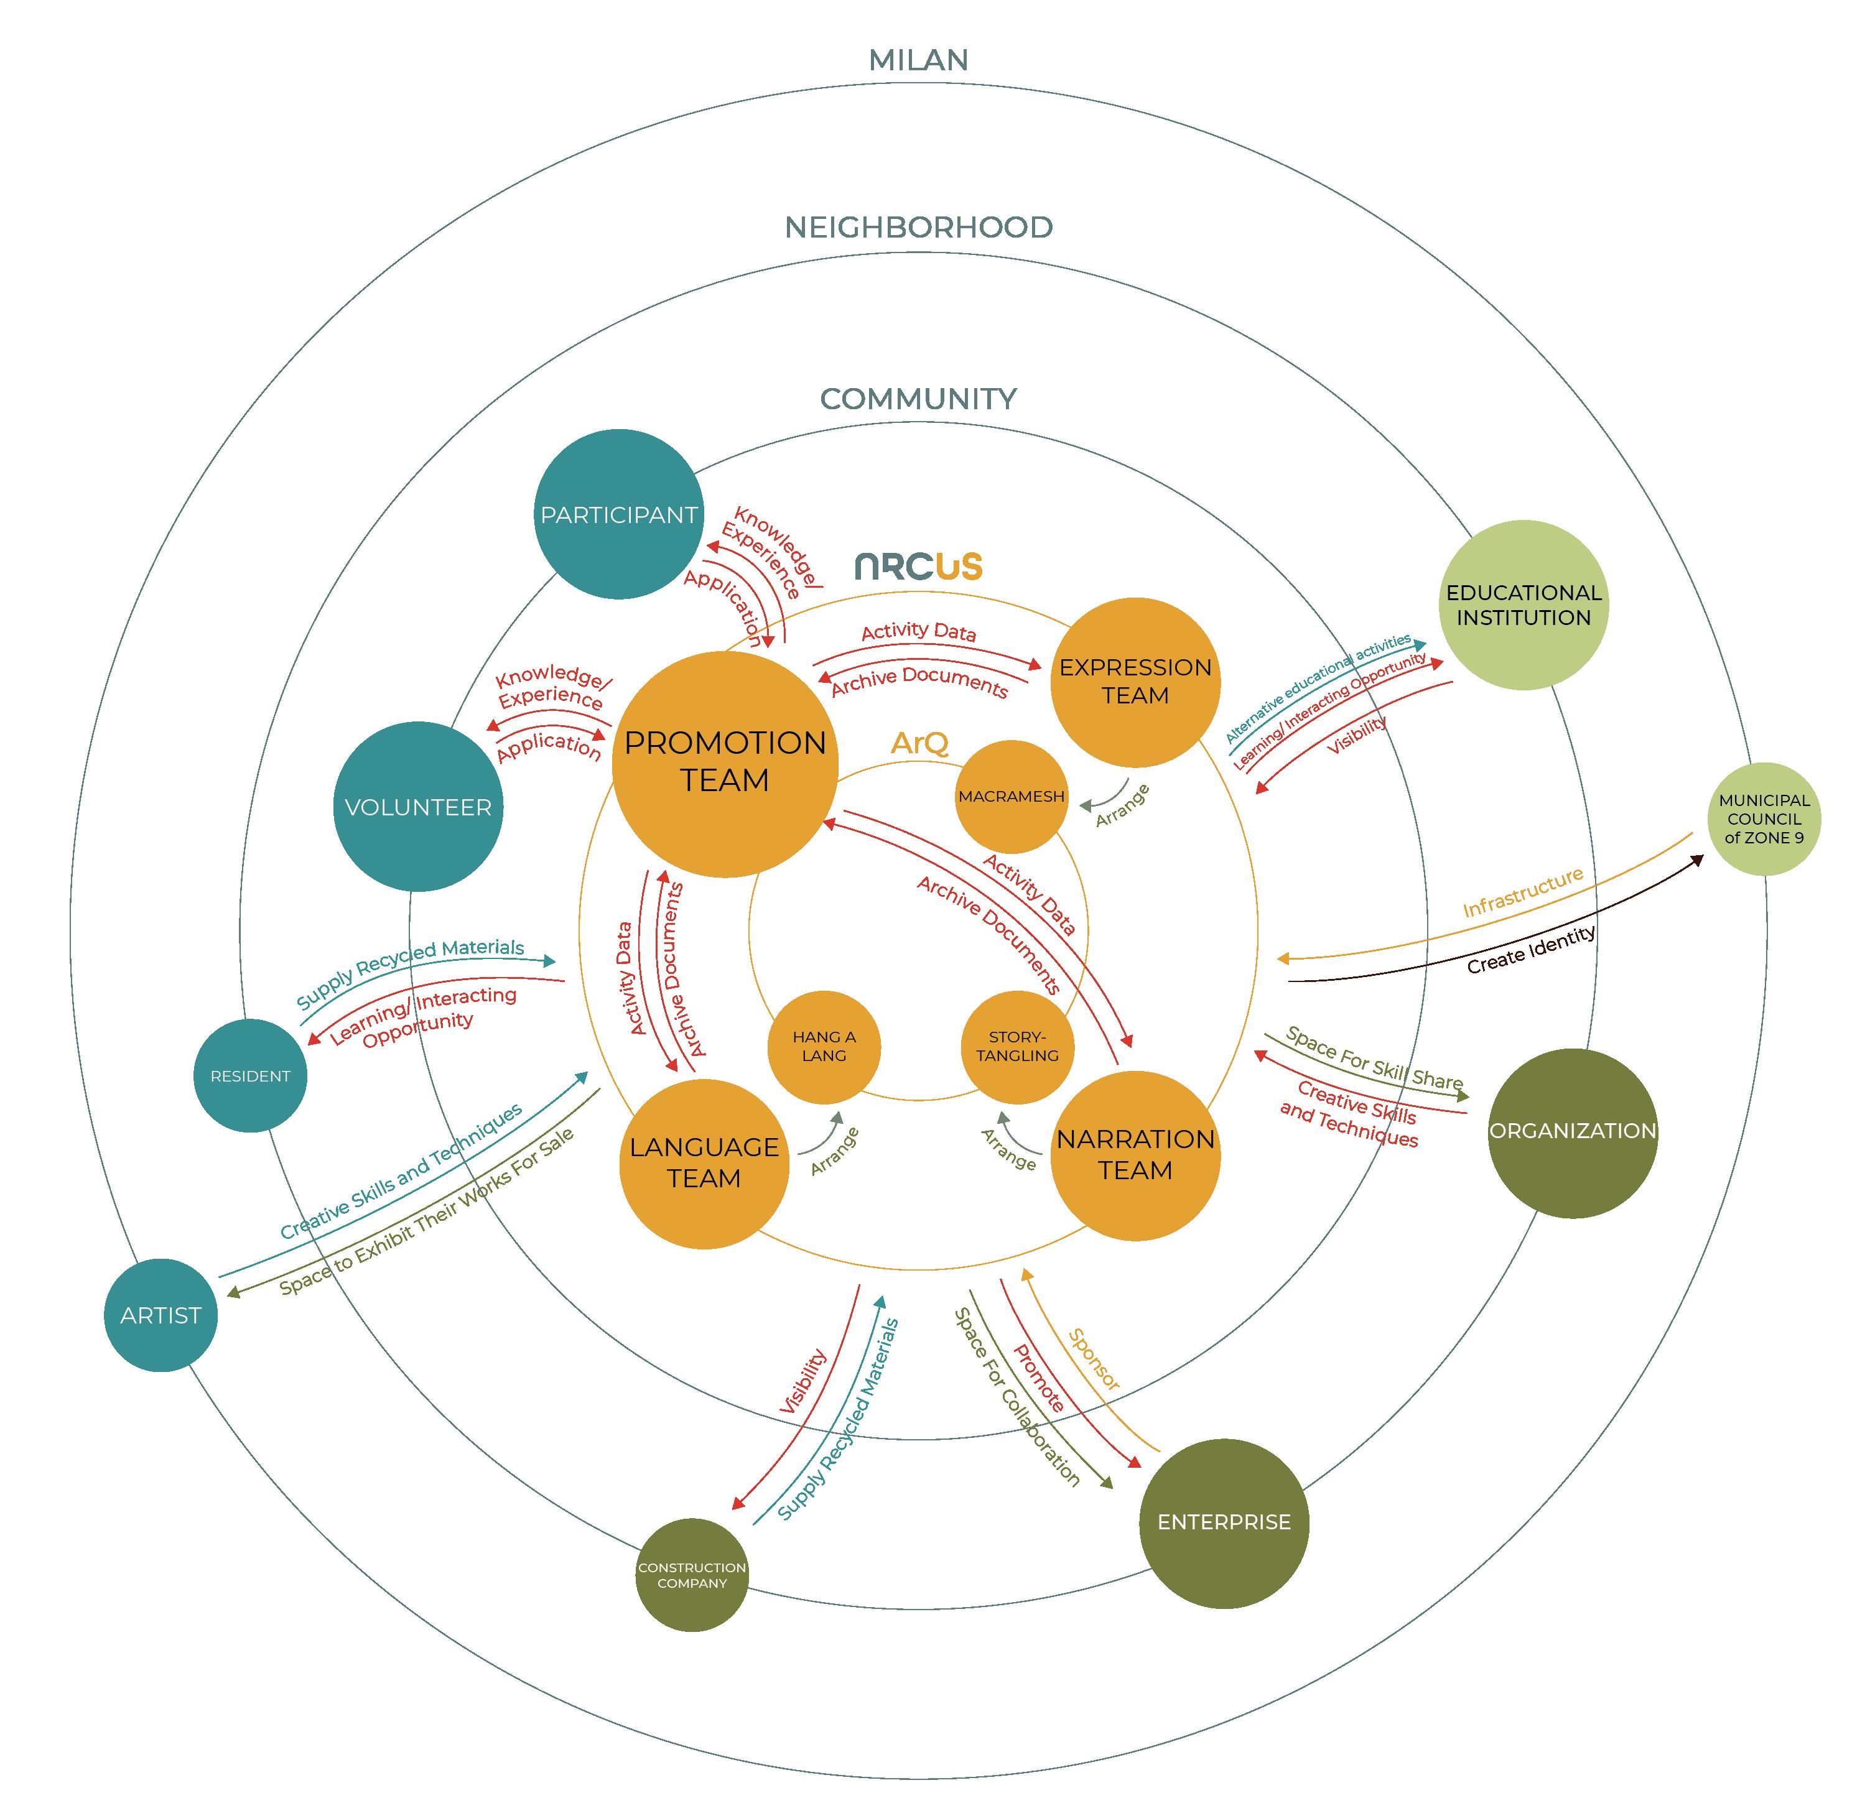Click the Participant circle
click(618, 514)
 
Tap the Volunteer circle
click(418, 807)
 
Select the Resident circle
click(250, 1076)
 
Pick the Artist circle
click(160, 1315)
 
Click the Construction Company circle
click(692, 1575)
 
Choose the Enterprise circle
click(1224, 1522)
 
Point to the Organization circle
click(1572, 1132)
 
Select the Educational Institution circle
click(1523, 605)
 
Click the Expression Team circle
click(1135, 682)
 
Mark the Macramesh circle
click(1012, 797)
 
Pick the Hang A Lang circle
click(824, 1046)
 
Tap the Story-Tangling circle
click(1017, 1046)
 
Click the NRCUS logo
click(918, 567)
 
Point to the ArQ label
click(919, 742)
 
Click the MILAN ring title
click(918, 60)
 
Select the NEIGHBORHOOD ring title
click(918, 227)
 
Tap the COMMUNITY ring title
click(918, 399)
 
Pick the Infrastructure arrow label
click(1523, 892)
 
